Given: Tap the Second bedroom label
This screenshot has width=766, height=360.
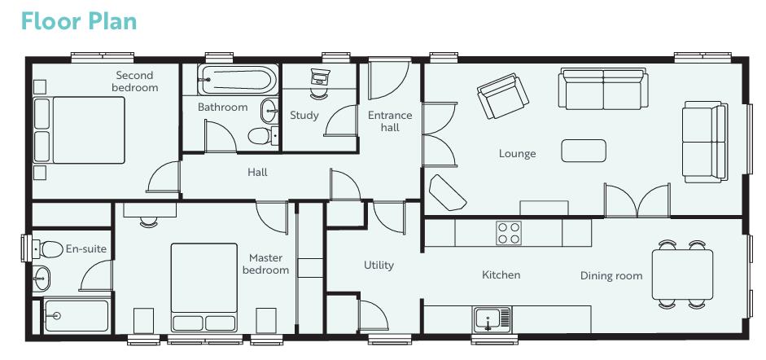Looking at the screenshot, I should click(135, 81).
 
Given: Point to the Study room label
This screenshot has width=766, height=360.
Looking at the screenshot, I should click(304, 116).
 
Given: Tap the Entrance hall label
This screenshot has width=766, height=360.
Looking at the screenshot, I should click(390, 121).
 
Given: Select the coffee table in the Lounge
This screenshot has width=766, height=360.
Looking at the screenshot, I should click(583, 151).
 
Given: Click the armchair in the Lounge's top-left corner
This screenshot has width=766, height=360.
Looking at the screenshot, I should click(502, 96).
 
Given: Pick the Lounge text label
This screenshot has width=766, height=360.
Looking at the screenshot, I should click(517, 154).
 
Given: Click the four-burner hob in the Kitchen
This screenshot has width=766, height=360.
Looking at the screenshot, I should click(509, 233).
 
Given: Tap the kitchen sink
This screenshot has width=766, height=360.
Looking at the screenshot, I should click(492, 318).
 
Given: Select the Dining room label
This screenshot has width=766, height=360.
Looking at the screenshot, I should click(611, 275).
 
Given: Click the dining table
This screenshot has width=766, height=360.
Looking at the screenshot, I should click(682, 274).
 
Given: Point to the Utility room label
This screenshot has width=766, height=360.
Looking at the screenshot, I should click(379, 265).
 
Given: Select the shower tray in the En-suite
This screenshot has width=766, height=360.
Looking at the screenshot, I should click(76, 315).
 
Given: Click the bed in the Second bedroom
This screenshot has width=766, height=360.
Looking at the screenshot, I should click(78, 134).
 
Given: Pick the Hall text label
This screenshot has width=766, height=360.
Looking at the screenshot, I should click(257, 173).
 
